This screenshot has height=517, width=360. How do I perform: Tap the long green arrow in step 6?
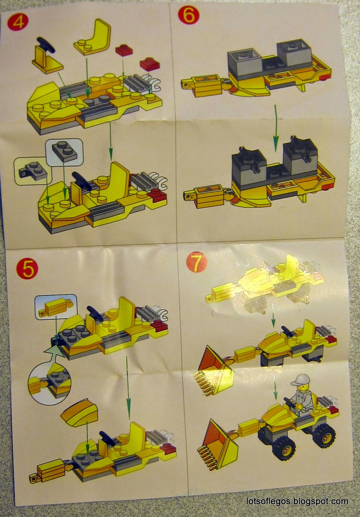point(275,127)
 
